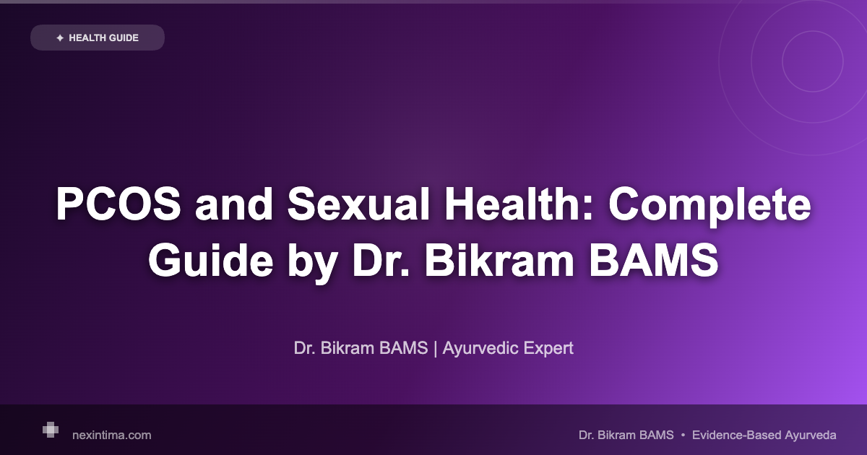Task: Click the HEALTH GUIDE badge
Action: pos(98,38)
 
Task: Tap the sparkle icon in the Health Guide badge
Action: pos(59,38)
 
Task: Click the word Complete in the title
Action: pos(708,206)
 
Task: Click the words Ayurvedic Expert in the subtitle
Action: pos(508,348)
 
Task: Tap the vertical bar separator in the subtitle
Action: pos(436,348)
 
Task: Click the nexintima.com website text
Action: pos(112,435)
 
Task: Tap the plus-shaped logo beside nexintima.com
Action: pos(50,430)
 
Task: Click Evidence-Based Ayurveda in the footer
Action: pos(764,435)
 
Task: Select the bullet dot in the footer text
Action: pos(683,435)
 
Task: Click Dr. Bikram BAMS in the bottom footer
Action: pos(626,435)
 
